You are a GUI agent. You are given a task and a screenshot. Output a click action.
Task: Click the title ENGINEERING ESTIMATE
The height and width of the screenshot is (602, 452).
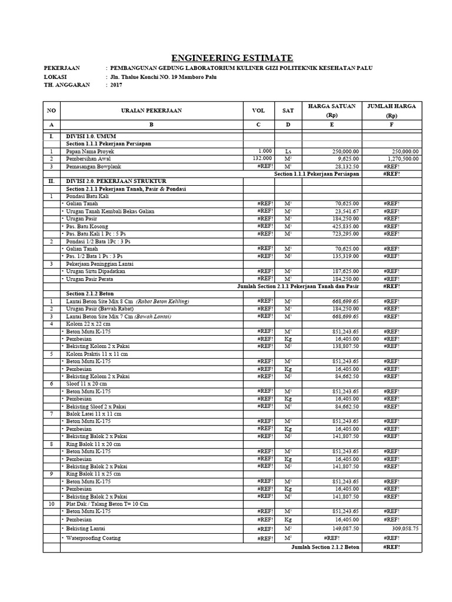[x=231, y=58]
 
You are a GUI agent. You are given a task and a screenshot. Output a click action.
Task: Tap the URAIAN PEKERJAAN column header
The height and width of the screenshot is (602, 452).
[x=151, y=111]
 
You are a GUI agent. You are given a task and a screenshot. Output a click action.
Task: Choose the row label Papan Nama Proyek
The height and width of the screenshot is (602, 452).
[x=90, y=151]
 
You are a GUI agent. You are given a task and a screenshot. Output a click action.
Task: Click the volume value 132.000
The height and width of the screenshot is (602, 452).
[x=262, y=159]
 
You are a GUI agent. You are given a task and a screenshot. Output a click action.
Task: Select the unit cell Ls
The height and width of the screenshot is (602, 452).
[x=288, y=151]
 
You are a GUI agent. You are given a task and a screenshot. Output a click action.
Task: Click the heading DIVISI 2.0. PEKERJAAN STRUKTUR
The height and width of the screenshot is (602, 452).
[x=116, y=181]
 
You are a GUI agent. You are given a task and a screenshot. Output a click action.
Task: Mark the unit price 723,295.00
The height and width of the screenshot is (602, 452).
[x=341, y=233]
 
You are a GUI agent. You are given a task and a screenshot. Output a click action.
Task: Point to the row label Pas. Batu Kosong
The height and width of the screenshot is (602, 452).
[x=87, y=226]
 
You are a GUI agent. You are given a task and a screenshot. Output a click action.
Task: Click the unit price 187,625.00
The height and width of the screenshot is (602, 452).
[x=341, y=272]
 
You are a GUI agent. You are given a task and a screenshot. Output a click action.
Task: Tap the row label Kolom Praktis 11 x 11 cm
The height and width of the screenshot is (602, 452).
[x=97, y=354]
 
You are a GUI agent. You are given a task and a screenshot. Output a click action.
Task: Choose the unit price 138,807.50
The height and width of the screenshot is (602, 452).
[x=341, y=347]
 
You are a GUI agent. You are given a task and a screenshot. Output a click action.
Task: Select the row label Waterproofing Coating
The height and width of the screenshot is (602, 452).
[x=94, y=538]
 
